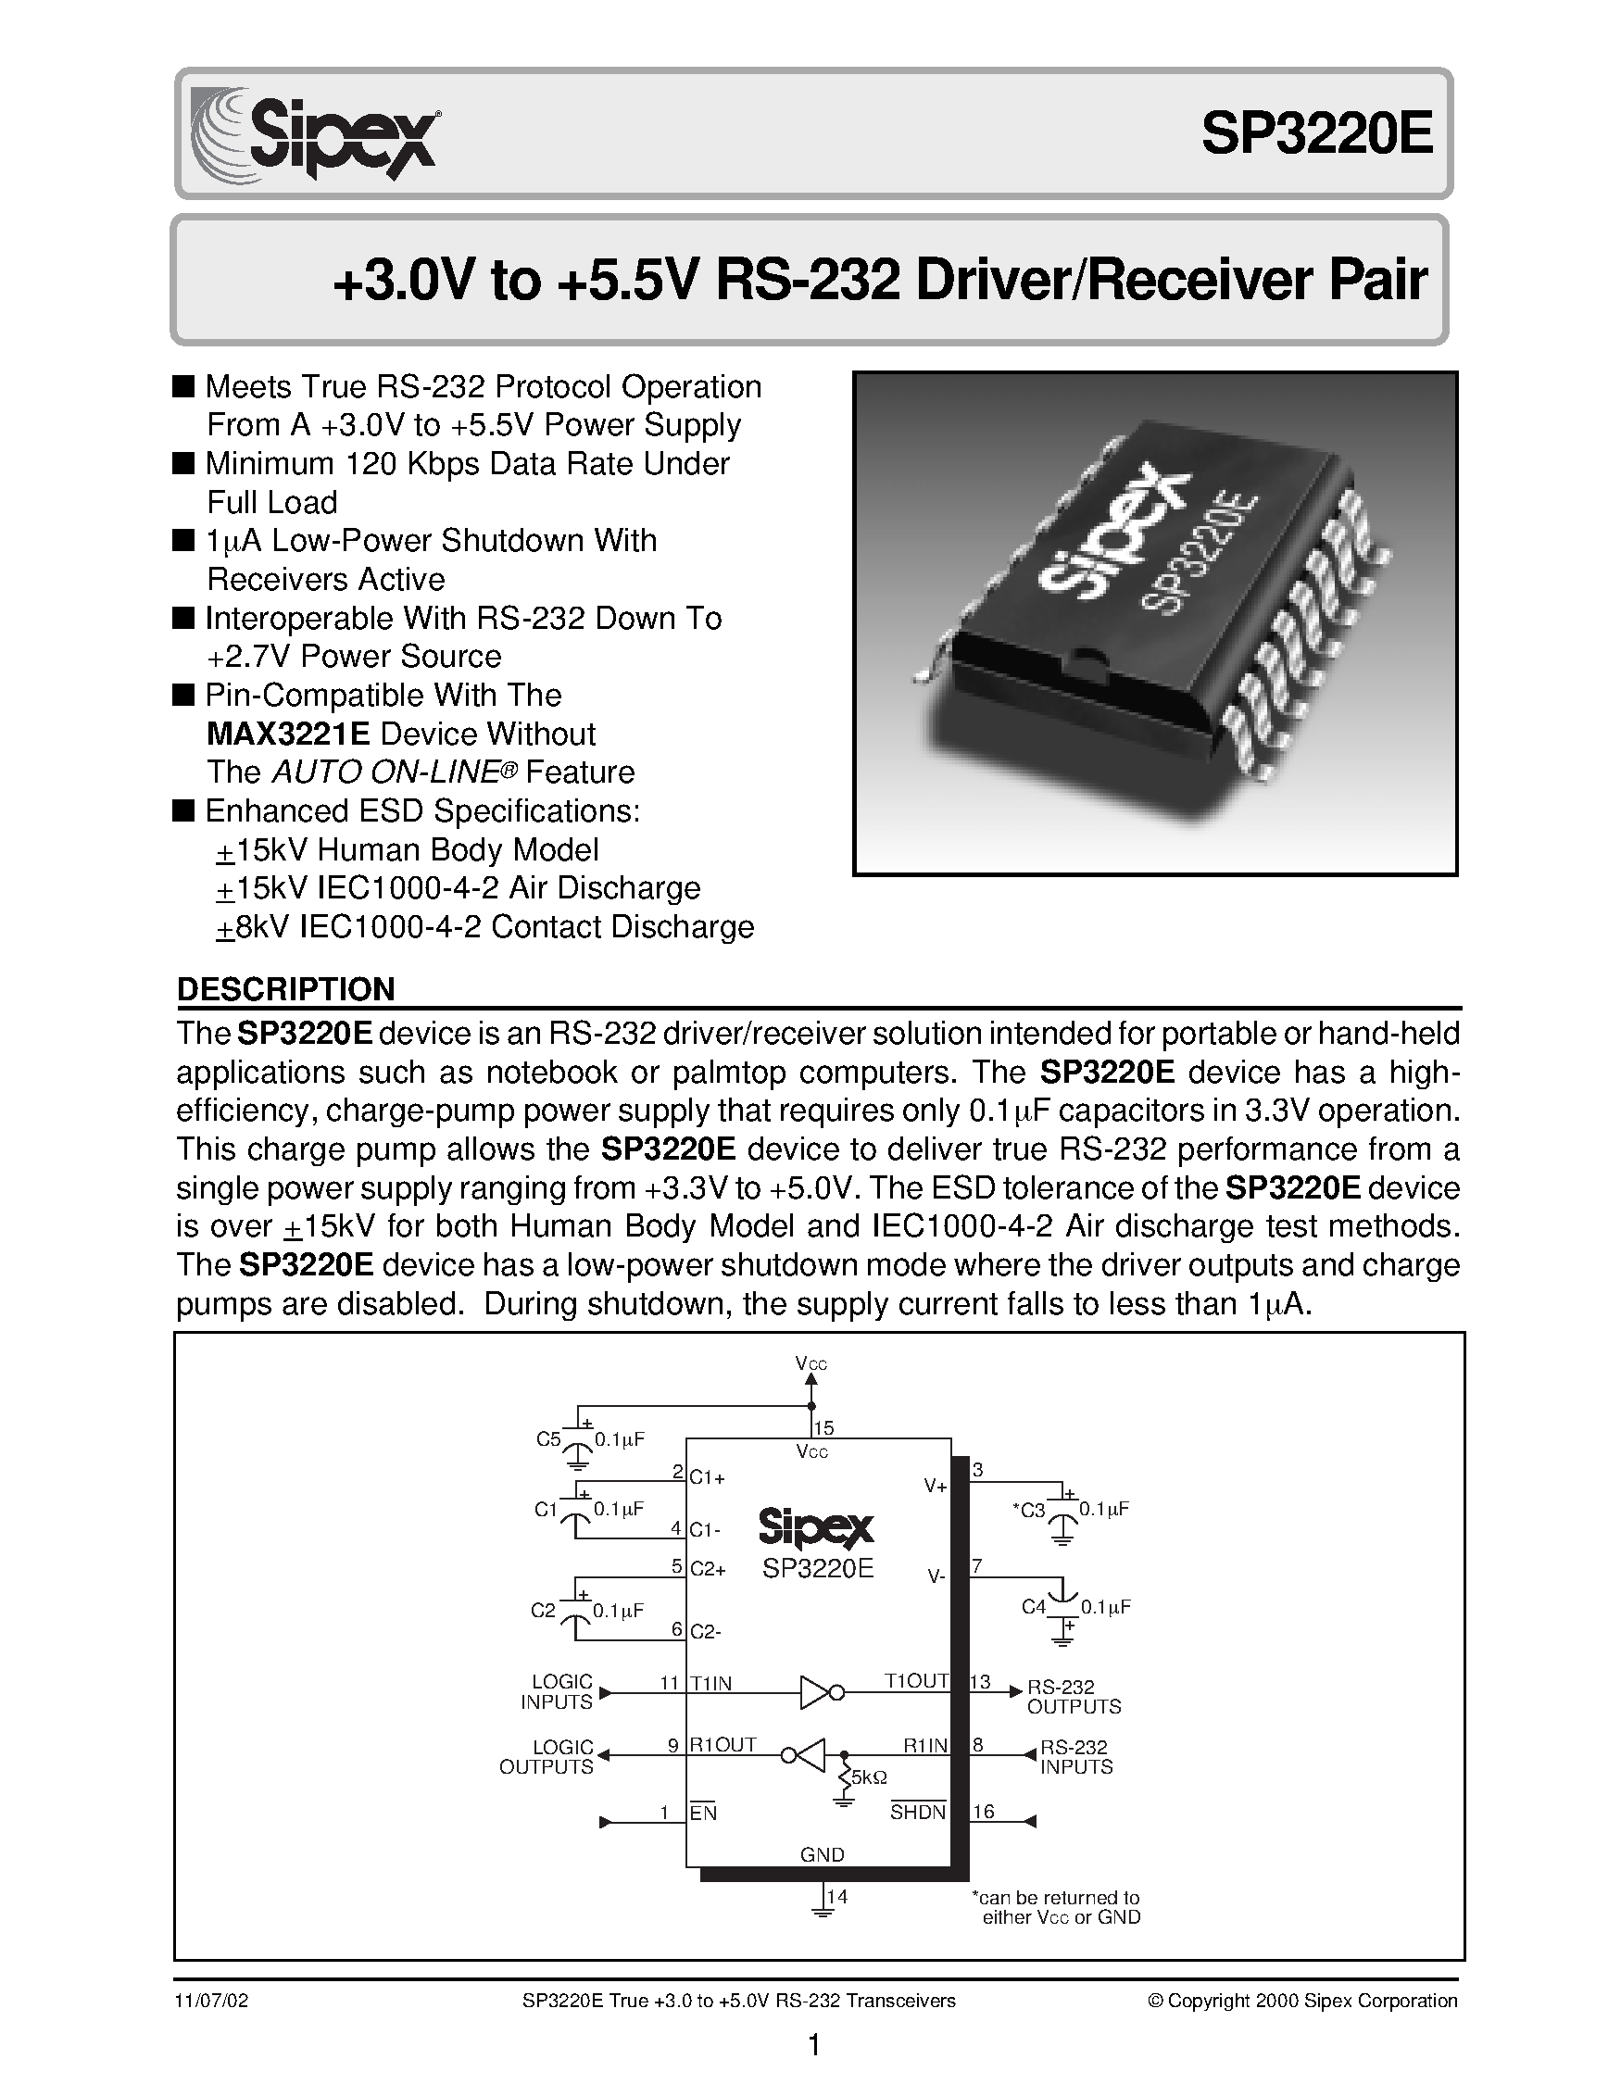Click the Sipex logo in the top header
[x=315, y=134]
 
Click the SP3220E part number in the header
[x=1316, y=134]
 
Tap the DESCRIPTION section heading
[x=286, y=989]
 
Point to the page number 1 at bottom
[x=814, y=2046]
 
